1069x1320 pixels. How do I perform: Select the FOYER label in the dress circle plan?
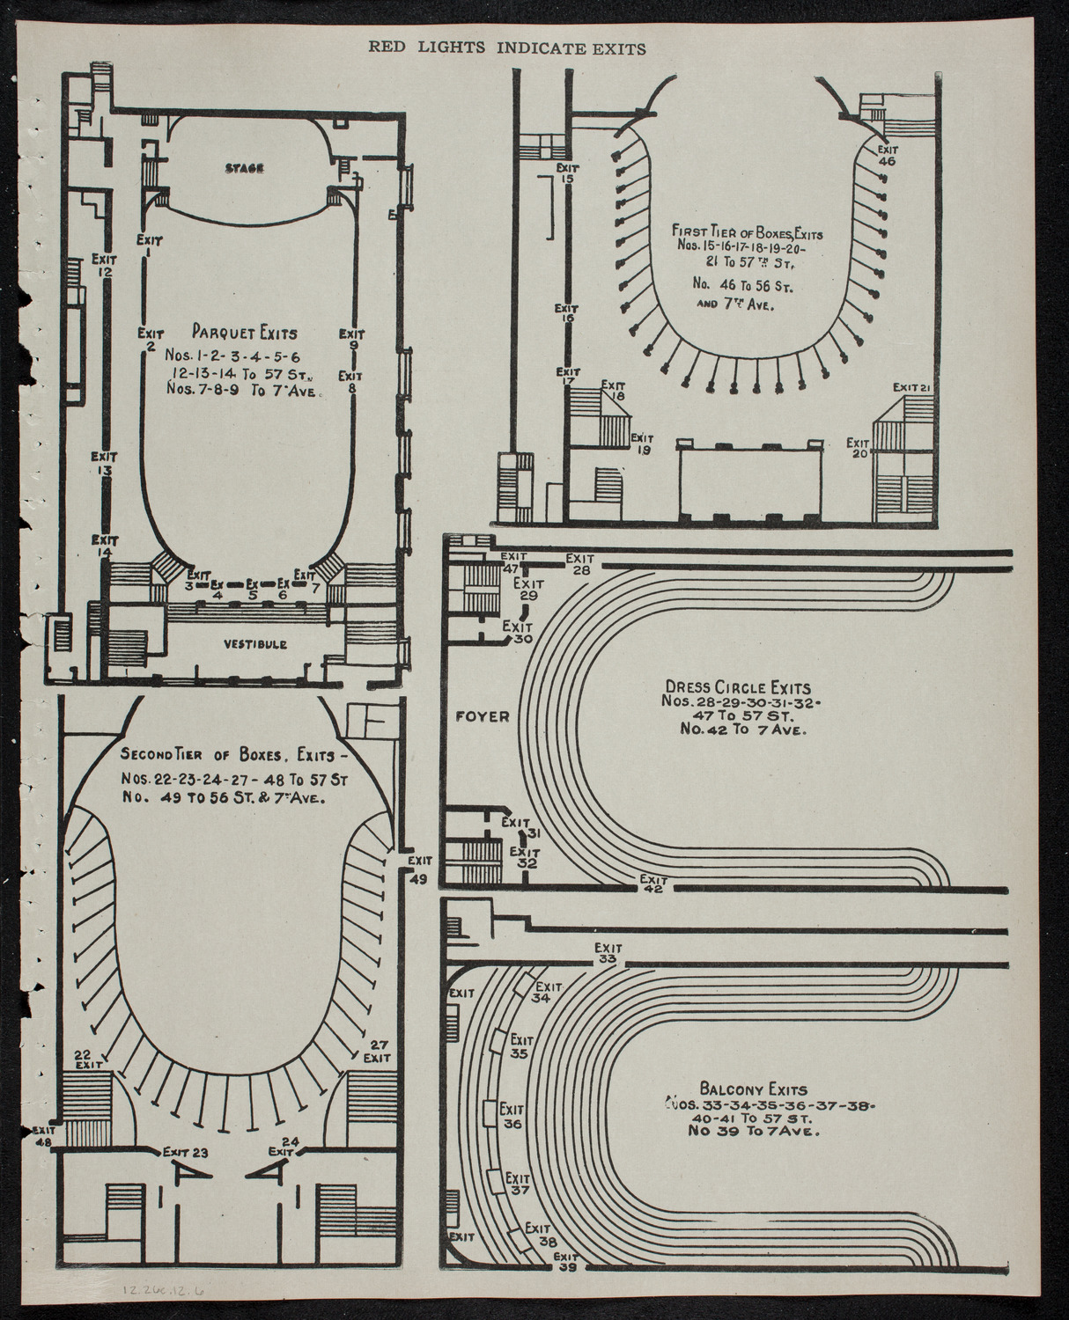pyautogui.click(x=482, y=716)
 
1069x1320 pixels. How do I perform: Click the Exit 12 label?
pyautogui.click(x=105, y=266)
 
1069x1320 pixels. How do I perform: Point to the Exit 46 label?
pyautogui.click(x=887, y=156)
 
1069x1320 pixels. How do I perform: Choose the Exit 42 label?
pyautogui.click(x=653, y=883)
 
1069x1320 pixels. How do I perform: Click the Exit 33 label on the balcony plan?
pyautogui.click(x=608, y=953)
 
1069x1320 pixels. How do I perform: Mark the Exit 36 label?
pyautogui.click(x=512, y=1116)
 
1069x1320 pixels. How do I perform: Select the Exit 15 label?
pyautogui.click(x=566, y=172)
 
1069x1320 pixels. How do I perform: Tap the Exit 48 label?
pyautogui.click(x=42, y=1136)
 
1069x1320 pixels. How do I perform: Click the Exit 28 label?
pyautogui.click(x=579, y=563)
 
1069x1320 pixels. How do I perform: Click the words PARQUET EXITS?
pyautogui.click(x=244, y=334)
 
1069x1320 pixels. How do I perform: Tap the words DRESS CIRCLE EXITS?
pyautogui.click(x=738, y=686)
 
